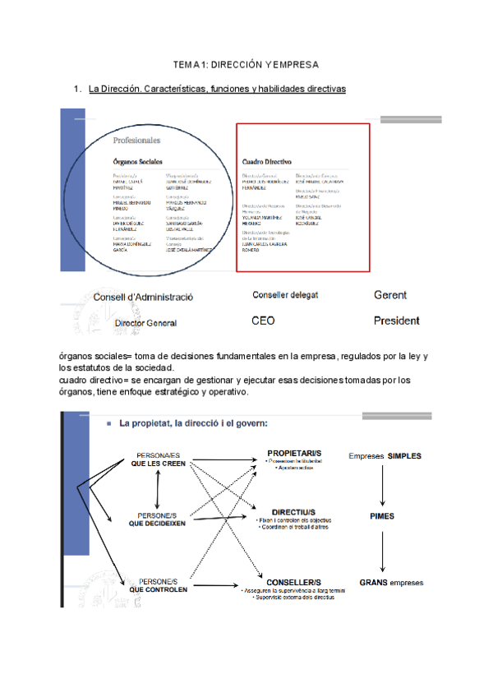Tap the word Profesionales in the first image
click(136, 141)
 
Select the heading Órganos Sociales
click(138, 161)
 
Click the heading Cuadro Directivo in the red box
click(268, 162)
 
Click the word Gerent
click(390, 295)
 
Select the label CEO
click(263, 321)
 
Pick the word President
click(396, 321)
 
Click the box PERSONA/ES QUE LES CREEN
click(159, 459)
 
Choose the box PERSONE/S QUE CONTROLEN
click(159, 584)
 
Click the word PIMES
click(382, 516)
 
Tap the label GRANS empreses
click(391, 582)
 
